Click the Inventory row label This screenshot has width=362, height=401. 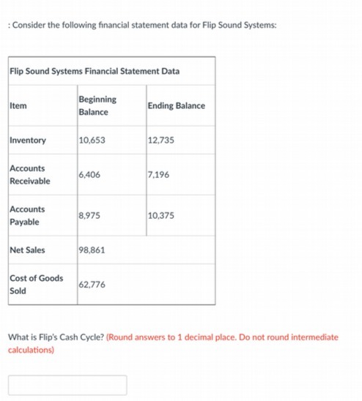point(28,140)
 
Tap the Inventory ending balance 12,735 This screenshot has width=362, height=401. point(161,140)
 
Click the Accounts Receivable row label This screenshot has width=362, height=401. point(30,174)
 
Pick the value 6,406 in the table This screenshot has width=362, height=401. point(89,174)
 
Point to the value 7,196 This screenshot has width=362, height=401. point(158,174)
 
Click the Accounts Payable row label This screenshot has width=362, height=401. point(27,215)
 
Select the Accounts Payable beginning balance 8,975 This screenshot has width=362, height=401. point(89,215)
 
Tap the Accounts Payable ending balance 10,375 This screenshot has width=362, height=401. point(161,215)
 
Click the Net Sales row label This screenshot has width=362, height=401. point(27,250)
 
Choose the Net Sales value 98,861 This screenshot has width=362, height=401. point(92,250)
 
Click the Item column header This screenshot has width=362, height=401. point(18,106)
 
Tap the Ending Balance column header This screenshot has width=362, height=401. point(176,106)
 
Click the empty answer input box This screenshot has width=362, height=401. point(67,385)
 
